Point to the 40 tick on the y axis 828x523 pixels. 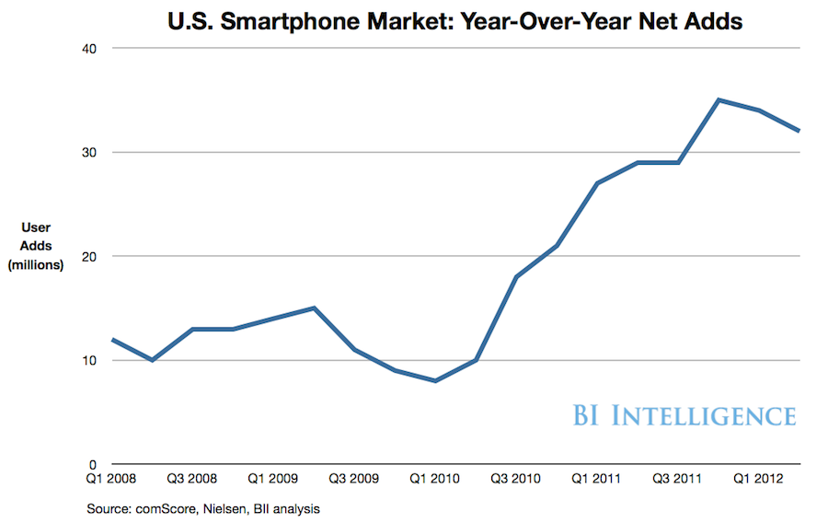90,48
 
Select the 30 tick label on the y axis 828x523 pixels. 90,152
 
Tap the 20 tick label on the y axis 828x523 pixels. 90,256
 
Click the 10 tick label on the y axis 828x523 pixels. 90,360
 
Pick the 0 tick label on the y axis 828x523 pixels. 94,464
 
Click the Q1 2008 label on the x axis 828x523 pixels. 112,480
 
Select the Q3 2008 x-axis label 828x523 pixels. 193,480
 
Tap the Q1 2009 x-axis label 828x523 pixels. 274,480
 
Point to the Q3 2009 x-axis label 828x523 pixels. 355,480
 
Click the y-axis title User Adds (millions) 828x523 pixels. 36,246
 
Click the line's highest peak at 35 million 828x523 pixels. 719,99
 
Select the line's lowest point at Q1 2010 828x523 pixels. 435,381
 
